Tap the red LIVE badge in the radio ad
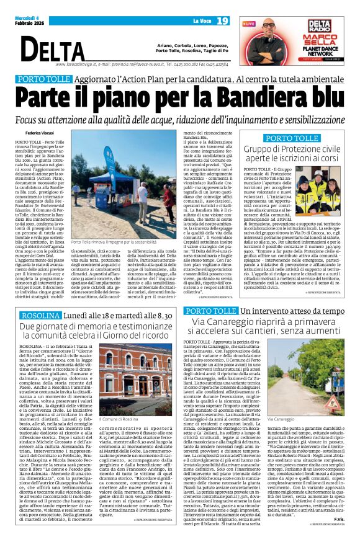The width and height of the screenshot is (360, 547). (x=254, y=23)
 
